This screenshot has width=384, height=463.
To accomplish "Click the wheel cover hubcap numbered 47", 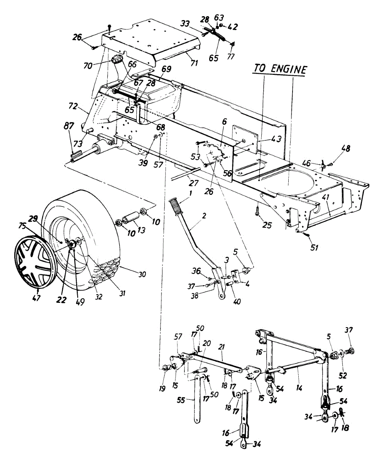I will [x=37, y=263].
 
